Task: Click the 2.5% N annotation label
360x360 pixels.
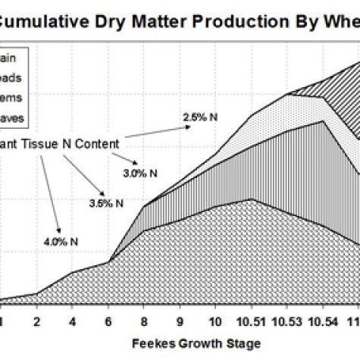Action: tap(199, 117)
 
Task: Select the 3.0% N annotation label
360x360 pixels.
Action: tap(142, 173)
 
